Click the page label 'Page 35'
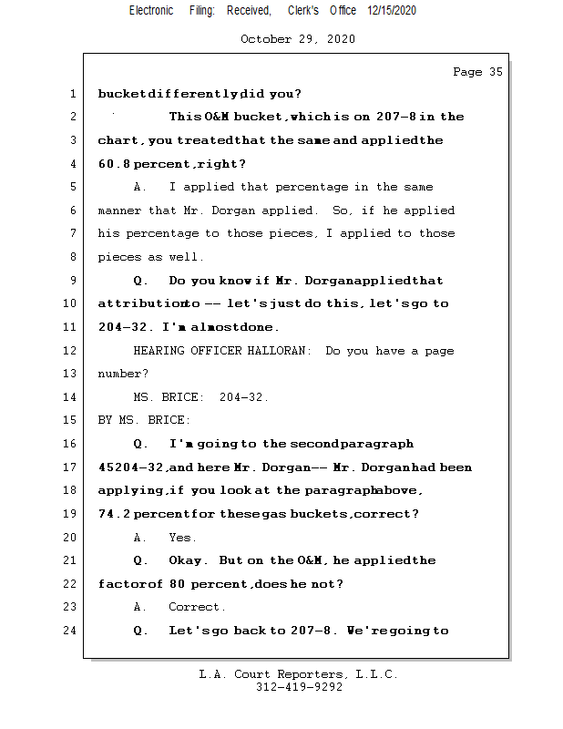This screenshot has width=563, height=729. [477, 72]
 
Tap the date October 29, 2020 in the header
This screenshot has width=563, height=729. [298, 39]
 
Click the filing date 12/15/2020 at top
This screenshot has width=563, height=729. [392, 11]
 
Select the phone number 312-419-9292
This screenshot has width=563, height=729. [299, 687]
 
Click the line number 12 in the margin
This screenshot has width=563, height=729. [71, 351]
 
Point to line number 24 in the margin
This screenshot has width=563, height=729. [71, 630]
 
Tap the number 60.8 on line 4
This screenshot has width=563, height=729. [114, 164]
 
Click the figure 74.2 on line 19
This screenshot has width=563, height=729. [114, 514]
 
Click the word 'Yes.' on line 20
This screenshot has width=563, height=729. [182, 538]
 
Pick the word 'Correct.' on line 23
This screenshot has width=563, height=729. [197, 607]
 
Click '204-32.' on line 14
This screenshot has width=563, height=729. [244, 397]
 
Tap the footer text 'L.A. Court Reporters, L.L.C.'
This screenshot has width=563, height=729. [299, 674]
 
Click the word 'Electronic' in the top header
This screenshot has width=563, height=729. [151, 11]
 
